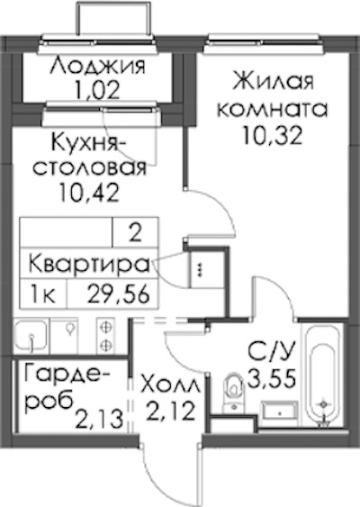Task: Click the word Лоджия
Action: tap(98, 66)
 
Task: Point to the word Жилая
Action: tap(273, 81)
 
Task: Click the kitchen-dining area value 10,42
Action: tap(88, 192)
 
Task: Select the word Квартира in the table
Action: tap(89, 264)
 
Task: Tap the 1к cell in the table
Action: tap(42, 294)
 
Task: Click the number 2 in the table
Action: tap(135, 232)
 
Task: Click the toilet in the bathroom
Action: tap(234, 393)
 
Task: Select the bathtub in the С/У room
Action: tap(323, 376)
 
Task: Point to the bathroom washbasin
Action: tap(280, 412)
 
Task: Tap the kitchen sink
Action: tap(31, 335)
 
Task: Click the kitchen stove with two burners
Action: tap(105, 335)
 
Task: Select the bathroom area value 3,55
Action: tap(272, 378)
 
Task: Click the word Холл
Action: tap(171, 385)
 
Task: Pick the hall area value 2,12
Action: tap(171, 411)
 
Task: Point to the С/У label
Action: tap(272, 351)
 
